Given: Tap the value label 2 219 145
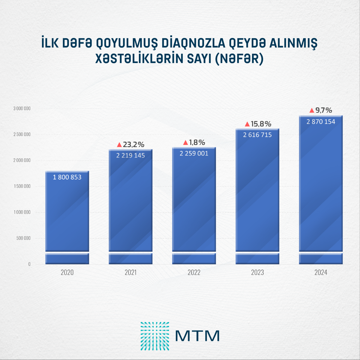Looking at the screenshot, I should pos(130,155).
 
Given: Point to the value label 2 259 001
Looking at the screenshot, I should pos(194,153).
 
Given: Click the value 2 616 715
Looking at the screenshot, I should pos(257,135).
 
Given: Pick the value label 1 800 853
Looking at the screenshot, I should pos(67,177).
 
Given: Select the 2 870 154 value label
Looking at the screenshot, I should pos(321,121).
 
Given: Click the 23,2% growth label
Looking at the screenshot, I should pos(133,145).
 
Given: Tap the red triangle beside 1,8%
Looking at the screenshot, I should pos(185,142).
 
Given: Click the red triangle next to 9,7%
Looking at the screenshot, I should pos(312,110).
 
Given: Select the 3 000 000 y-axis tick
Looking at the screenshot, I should pos(22,109).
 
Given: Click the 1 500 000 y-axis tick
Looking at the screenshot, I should pos(22,186).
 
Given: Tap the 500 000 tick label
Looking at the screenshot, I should pos(23,238).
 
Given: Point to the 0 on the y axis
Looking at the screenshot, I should pos(29,264).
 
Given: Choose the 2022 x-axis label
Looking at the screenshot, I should pos(194,272).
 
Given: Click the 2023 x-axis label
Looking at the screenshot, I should pos(257,272).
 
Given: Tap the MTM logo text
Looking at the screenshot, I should pos(197,336).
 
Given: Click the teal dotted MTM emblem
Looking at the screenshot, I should pos(155,336).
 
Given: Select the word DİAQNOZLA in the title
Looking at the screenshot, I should pos(193,43).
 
